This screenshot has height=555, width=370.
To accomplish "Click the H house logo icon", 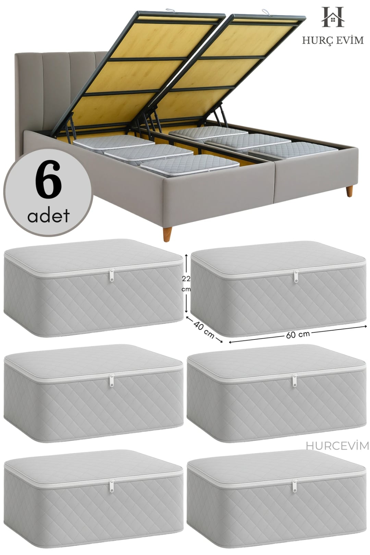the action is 333,17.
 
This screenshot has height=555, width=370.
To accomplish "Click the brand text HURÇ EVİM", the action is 333,40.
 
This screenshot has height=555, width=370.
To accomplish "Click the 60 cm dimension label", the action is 298,334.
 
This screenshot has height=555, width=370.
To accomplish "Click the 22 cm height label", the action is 186,284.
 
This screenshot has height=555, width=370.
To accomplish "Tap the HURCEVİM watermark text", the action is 337,446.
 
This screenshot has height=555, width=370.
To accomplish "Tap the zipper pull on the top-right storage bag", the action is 296,276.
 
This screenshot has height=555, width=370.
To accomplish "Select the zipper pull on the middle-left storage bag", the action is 112,380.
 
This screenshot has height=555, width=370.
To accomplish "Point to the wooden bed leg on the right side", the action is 349,190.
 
